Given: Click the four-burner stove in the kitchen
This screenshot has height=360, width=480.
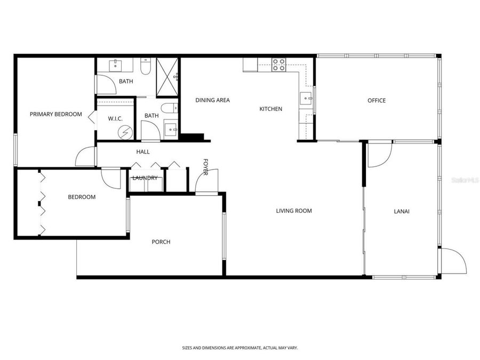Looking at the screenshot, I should coord(279,65).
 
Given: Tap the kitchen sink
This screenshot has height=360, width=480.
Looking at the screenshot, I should coord(306,98).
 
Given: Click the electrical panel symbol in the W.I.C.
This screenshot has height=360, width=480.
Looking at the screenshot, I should coord(125,132).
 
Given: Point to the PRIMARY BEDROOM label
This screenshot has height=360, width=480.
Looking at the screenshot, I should coord(56,114).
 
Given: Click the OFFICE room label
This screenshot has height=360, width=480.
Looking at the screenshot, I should coord(377,100).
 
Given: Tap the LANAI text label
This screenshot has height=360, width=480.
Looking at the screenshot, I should coord(401,211).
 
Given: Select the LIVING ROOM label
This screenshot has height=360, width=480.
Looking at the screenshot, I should coord(293,211).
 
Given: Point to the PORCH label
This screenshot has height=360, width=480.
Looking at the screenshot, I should coord(161,242).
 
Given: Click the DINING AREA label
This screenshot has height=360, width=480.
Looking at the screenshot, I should coord(212,100).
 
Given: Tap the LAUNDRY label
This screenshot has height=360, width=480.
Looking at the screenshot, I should coord(145,178).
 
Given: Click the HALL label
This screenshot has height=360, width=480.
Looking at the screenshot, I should coord(143,152).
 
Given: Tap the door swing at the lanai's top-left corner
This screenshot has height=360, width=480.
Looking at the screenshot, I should coord(379,155).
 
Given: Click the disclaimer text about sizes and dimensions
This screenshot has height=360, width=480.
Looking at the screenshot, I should coord(239,347).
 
